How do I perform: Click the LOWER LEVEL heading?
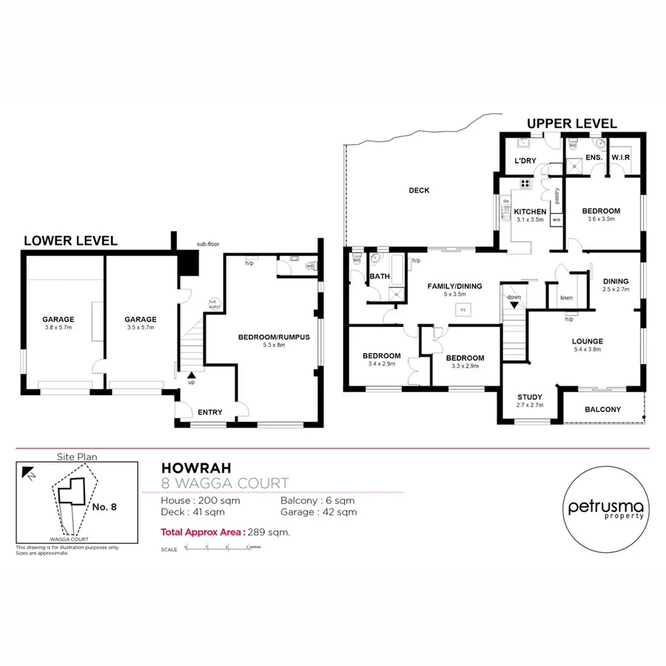tap(70, 240)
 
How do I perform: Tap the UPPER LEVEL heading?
tap(571, 124)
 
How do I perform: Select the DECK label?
tap(419, 191)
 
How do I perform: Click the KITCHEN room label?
tap(529, 212)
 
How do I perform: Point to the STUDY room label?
tap(529, 397)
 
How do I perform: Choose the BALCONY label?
tap(602, 409)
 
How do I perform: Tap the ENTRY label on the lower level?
tap(210, 412)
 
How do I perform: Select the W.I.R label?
tap(620, 158)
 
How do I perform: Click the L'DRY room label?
tap(525, 161)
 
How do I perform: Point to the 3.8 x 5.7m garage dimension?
tap(58, 327)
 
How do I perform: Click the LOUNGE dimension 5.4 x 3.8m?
tap(587, 349)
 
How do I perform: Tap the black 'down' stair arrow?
tap(514, 304)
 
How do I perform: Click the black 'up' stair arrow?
tap(191, 375)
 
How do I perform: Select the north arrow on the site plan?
tap(27, 471)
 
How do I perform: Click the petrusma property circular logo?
tap(605, 508)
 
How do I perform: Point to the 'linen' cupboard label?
tap(567, 297)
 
